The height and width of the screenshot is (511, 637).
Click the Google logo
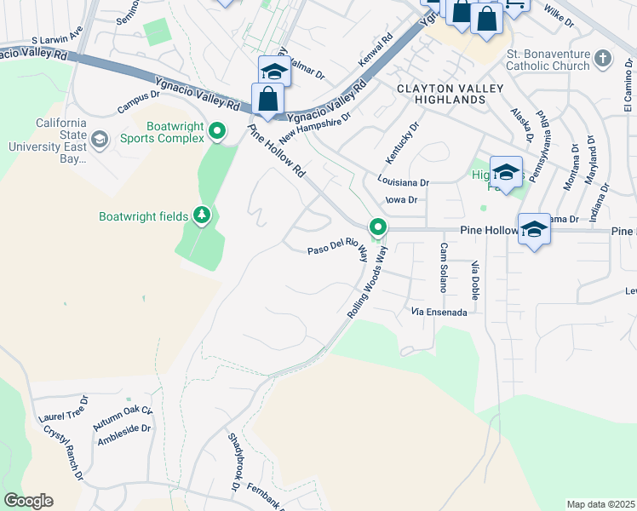28,501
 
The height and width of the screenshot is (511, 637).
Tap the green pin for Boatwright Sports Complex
217,131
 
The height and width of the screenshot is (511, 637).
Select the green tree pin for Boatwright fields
202,215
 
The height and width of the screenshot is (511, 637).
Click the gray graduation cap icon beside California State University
99,139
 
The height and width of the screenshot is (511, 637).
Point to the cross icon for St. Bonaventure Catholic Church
602,59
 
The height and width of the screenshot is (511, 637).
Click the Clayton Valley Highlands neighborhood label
441,94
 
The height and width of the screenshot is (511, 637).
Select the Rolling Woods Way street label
367,283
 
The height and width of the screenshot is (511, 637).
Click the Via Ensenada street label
439,313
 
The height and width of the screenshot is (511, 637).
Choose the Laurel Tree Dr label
63,413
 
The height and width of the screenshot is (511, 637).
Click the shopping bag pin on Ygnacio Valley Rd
267,99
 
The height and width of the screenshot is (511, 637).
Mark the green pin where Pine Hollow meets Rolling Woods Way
377,227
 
